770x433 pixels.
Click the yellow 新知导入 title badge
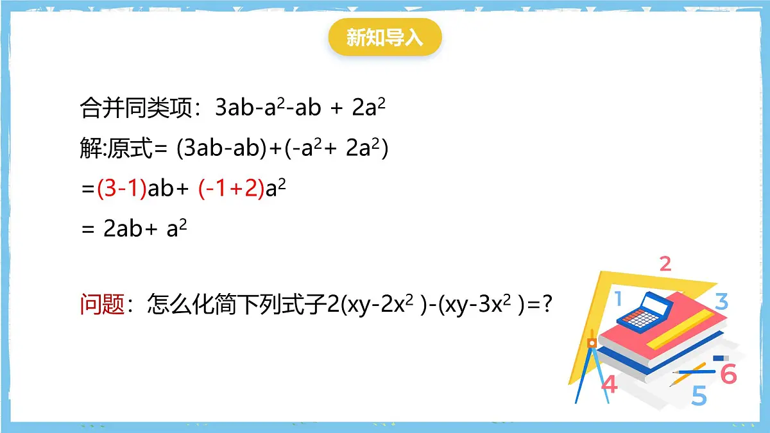pyautogui.click(x=385, y=37)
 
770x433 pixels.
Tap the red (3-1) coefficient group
pyautogui.click(x=122, y=189)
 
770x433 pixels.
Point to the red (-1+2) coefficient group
pyautogui.click(x=231, y=189)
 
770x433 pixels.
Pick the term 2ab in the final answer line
pyautogui.click(x=122, y=230)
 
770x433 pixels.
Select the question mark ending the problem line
pyautogui.click(x=547, y=303)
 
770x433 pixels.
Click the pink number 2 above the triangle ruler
pyautogui.click(x=665, y=263)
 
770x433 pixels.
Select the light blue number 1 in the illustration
pyautogui.click(x=618, y=298)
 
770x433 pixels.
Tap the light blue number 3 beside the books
pyautogui.click(x=721, y=301)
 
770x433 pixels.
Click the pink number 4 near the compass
pyautogui.click(x=609, y=384)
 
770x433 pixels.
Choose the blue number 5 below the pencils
pyautogui.click(x=699, y=395)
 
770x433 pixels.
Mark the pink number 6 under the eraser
pyautogui.click(x=728, y=373)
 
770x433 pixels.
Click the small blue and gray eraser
pyautogui.click(x=721, y=357)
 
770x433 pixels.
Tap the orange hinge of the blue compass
pyautogui.click(x=592, y=344)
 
